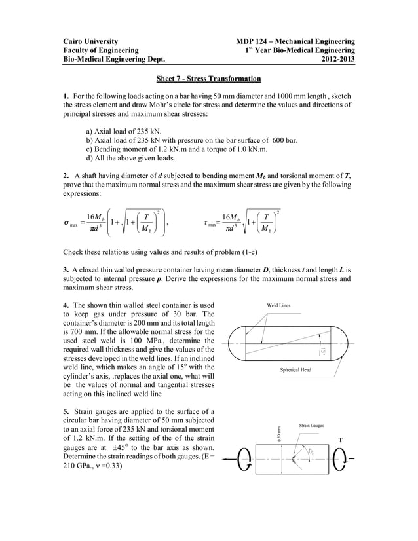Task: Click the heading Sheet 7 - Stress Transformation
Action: click(x=208, y=79)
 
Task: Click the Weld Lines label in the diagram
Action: click(x=279, y=305)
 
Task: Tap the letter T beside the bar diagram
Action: click(x=340, y=439)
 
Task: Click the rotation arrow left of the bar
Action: click(x=243, y=461)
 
